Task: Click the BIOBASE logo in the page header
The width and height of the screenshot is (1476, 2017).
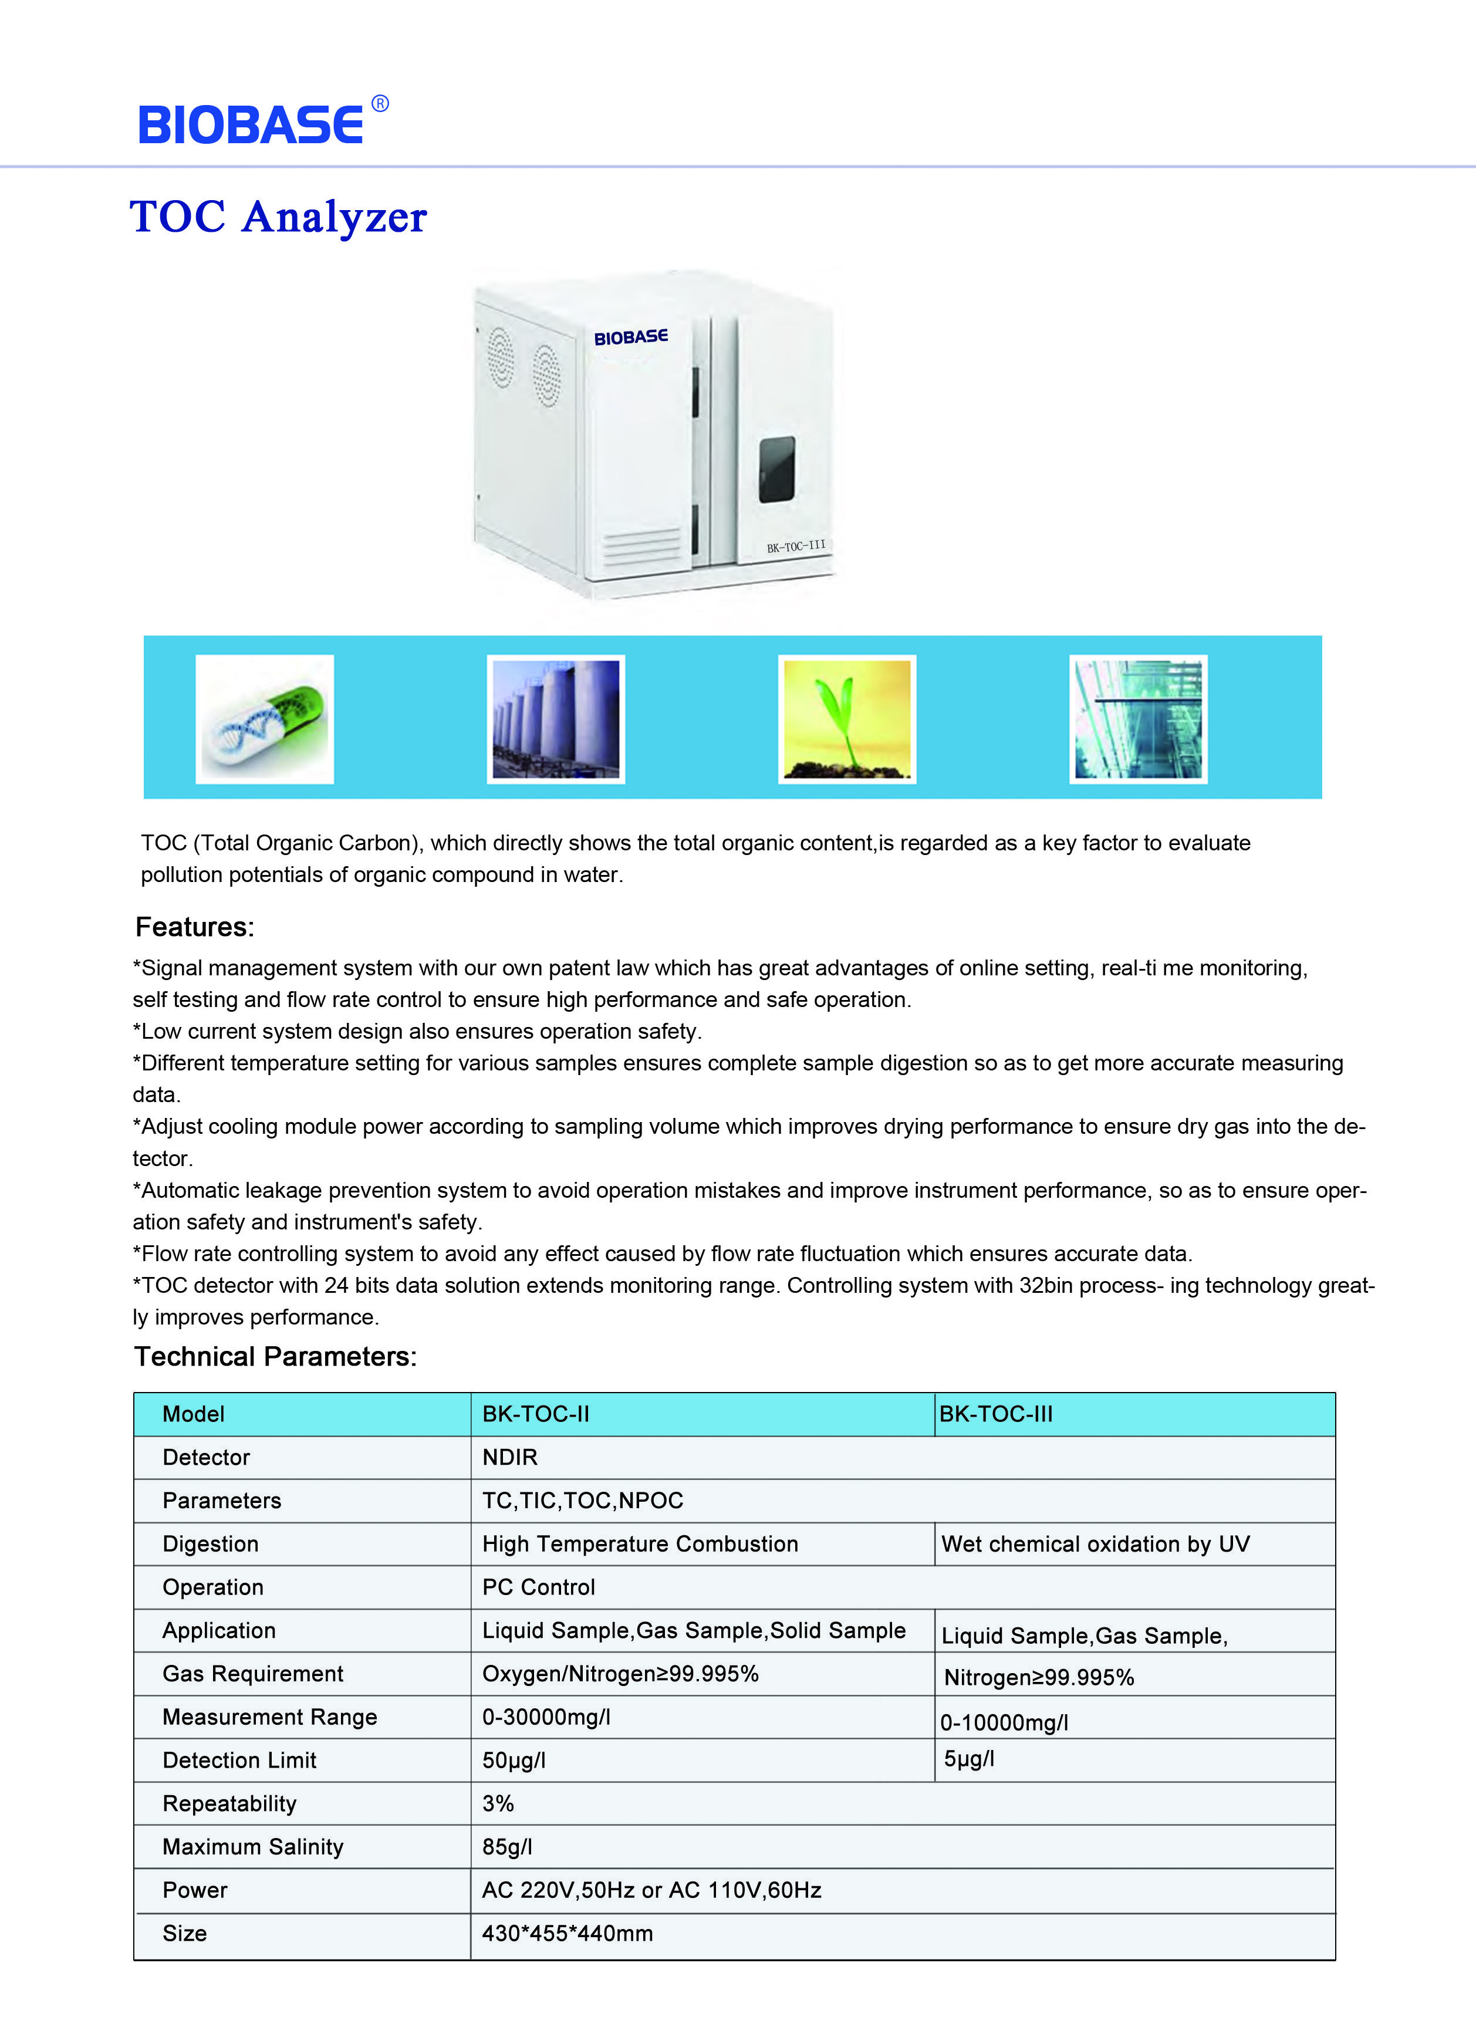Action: tap(252, 123)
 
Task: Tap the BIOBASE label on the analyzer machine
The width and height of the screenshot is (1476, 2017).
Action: tap(631, 337)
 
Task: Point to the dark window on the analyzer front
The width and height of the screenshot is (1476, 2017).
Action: tap(776, 469)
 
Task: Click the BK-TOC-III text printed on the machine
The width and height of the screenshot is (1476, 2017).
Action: tap(795, 546)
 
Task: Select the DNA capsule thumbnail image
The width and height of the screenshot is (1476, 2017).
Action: tap(265, 719)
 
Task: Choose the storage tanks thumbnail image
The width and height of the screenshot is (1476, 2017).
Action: tap(556, 719)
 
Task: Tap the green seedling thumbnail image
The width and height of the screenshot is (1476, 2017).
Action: tap(847, 719)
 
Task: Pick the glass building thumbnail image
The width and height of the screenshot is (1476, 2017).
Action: tap(1139, 719)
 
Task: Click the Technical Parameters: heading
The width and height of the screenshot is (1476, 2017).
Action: tap(275, 1357)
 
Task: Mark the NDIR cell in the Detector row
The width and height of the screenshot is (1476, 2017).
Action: tap(510, 1457)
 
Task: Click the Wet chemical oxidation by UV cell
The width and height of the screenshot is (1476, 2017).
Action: tap(1095, 1543)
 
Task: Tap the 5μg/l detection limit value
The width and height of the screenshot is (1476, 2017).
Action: tap(970, 1759)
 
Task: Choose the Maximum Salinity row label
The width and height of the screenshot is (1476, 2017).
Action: tap(253, 1846)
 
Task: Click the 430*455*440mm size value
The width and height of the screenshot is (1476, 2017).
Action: tap(568, 1933)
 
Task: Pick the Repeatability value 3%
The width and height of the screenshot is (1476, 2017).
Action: tap(498, 1803)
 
